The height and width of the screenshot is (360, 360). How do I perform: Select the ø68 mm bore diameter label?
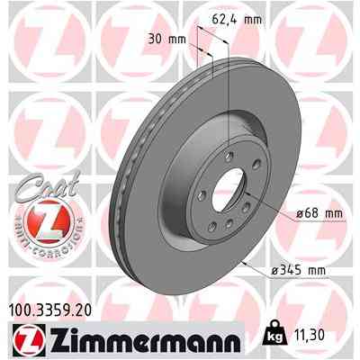point(294,213)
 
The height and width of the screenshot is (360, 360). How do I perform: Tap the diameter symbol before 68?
point(275,213)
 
